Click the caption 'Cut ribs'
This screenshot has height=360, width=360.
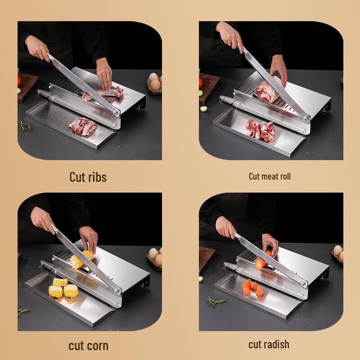tap(88, 177)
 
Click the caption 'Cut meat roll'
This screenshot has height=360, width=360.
tap(270, 176)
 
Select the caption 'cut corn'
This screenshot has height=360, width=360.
tap(88, 346)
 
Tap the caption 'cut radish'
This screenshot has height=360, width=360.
tap(269, 345)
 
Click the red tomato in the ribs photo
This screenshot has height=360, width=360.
tap(19, 81)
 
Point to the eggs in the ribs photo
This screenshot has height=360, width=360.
tap(154, 82)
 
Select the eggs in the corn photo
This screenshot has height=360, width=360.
tap(154, 256)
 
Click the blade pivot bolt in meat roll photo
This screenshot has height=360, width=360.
tap(307, 118)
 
